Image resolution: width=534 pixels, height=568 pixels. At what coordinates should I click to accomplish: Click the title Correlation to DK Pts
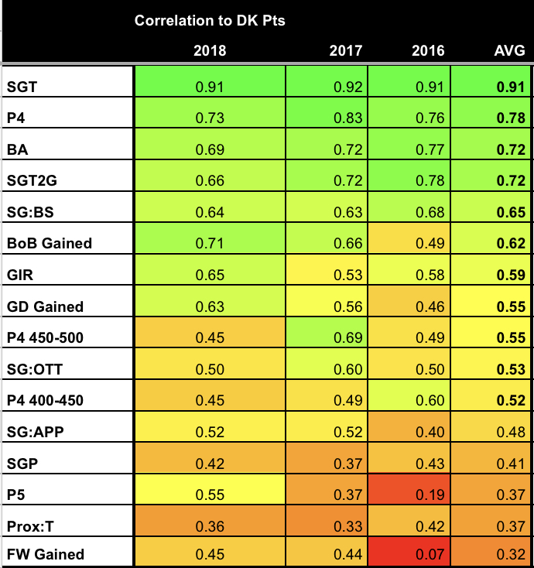click(x=210, y=21)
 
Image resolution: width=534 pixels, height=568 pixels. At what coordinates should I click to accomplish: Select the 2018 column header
click(x=211, y=51)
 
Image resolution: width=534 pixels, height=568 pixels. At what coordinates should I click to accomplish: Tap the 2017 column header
click(x=345, y=51)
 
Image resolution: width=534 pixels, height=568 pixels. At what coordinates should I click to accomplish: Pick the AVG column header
click(x=509, y=51)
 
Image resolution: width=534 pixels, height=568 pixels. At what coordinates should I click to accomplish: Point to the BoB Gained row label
click(x=49, y=243)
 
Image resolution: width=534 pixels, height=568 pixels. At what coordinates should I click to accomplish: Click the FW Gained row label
click(x=44, y=554)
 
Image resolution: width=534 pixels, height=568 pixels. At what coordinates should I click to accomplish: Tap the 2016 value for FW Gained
click(x=430, y=554)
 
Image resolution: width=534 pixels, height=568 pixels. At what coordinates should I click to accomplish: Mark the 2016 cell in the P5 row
click(x=430, y=494)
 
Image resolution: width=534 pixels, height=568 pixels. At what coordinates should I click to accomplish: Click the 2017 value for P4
click(x=345, y=118)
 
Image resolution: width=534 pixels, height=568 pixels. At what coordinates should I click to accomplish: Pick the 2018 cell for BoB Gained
click(x=211, y=243)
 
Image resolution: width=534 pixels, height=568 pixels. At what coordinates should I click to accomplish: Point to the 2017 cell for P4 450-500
click(x=345, y=337)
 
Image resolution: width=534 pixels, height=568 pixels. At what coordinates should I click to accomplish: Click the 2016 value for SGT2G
click(x=430, y=180)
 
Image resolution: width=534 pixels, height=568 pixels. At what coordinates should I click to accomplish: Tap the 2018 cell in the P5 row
click(x=211, y=494)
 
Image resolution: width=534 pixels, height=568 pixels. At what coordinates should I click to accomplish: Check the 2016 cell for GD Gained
click(x=430, y=306)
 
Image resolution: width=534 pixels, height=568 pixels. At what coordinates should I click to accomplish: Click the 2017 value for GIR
click(x=345, y=275)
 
